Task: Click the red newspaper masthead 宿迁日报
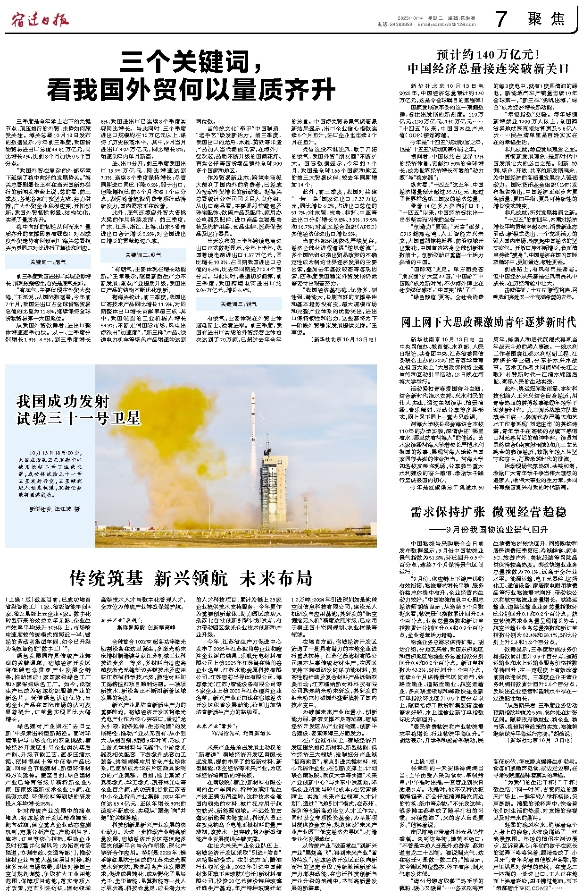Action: tap(40, 20)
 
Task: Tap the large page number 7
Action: tap(501, 19)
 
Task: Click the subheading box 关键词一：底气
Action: tap(48, 262)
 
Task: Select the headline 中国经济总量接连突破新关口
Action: tap(488, 68)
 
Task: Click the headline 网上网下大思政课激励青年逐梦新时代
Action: tap(488, 322)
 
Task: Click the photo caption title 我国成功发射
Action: tap(56, 401)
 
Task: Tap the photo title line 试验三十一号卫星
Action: tap(78, 418)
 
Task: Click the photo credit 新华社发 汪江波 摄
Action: tap(54, 509)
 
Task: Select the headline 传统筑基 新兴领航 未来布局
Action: tap(191, 578)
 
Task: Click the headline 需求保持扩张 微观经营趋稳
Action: tap(488, 512)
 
